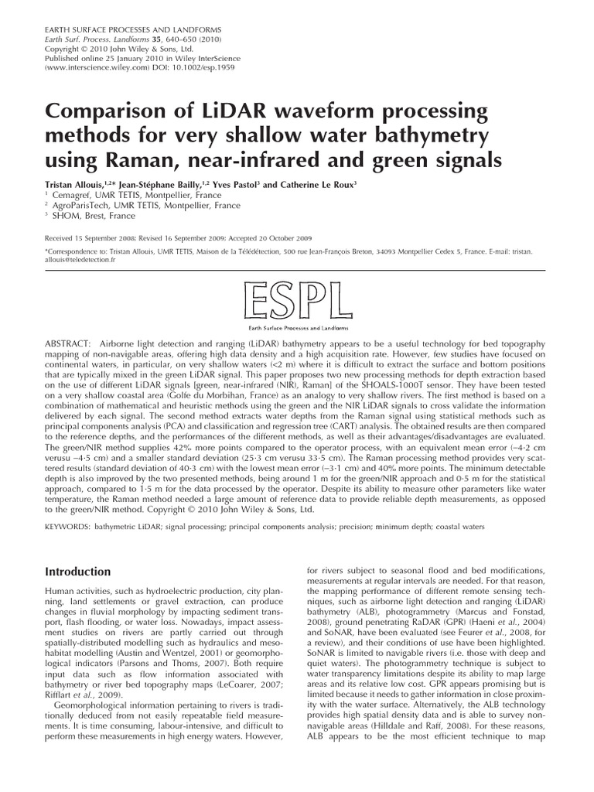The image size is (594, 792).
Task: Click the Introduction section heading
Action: pos(79,572)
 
